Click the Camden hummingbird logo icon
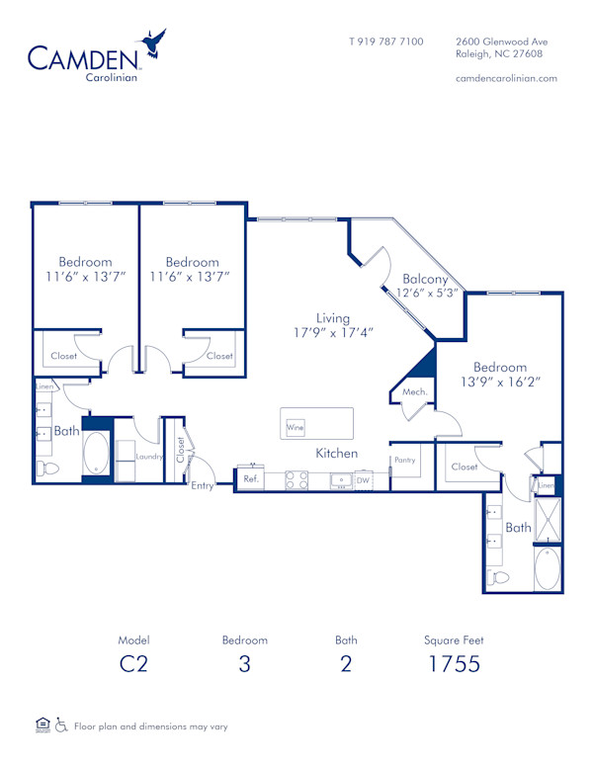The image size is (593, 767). tap(153, 44)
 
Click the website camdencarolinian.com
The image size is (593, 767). tap(506, 78)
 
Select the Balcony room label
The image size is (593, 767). tap(426, 279)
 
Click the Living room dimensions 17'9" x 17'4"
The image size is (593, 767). tap(333, 333)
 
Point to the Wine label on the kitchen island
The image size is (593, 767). tap(295, 428)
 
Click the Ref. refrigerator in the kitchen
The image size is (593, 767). tap(251, 479)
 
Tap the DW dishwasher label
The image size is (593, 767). tap(363, 480)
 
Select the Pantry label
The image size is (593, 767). tap(405, 461)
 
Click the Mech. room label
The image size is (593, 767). tap(413, 392)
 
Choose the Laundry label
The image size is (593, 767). tap(148, 457)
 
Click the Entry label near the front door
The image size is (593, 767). tap(203, 485)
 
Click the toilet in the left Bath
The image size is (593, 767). tap(46, 468)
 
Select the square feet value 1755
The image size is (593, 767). tap(454, 663)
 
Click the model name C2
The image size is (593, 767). tap(132, 663)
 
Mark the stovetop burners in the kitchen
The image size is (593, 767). tap(296, 479)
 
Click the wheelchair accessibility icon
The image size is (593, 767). tap(61, 726)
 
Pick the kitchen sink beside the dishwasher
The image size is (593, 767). tap(341, 480)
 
